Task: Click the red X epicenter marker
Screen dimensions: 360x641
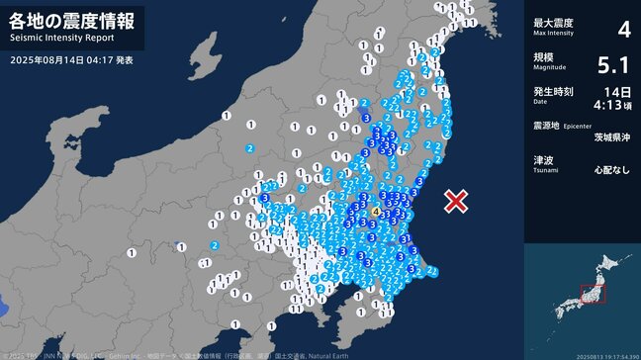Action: point(455,202)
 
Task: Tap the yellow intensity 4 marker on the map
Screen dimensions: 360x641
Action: point(376,212)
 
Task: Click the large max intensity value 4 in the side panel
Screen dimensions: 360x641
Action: point(623,30)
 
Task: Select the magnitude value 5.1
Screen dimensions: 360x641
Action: point(614,65)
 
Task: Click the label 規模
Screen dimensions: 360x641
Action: point(543,57)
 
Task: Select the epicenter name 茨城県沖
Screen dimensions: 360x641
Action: point(611,138)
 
